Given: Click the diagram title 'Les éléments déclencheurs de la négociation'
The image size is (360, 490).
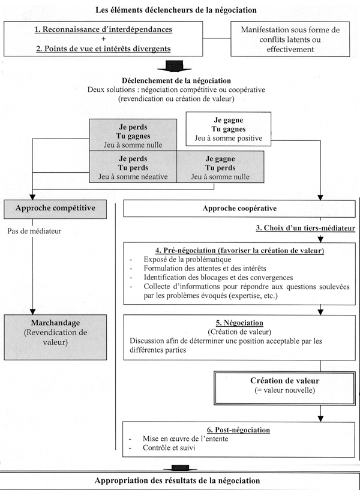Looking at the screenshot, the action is pos(176,10).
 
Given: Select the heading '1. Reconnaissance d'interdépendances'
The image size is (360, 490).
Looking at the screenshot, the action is pos(103,29).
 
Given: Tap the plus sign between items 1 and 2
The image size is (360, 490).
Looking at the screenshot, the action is pos(103,39).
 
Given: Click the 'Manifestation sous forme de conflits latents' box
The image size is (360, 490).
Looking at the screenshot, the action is pos(290,39).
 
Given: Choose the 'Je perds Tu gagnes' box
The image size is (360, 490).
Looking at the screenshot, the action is pos(133,135).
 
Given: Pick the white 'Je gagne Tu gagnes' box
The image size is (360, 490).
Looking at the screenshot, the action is pos(229,129).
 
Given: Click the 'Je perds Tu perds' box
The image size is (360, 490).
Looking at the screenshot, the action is pos(133,167).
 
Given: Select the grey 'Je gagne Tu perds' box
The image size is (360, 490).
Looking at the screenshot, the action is pos(220,167).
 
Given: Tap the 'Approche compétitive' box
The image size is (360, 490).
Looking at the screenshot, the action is pos(55,208).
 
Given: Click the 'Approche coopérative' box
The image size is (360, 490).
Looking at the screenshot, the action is pos(239,209).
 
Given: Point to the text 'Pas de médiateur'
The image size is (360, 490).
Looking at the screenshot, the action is pos(34,232).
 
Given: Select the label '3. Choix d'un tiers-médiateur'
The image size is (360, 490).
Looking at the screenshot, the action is pos(305,228).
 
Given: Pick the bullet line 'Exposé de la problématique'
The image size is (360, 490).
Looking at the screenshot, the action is pos(187,259).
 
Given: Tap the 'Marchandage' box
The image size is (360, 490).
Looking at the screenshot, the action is pos(55,337).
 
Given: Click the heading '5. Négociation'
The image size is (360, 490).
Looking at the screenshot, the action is pos(239,323).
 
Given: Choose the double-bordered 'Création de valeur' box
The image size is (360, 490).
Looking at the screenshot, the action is pos(284,388).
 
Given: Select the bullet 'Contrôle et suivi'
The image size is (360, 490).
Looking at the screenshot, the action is pos(169,448).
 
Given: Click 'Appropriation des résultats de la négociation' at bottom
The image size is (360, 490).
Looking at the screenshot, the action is pos(177,480).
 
